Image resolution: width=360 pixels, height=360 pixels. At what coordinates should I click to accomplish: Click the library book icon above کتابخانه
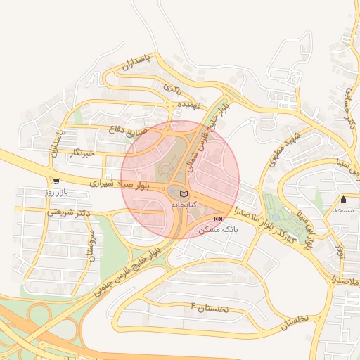[x=184, y=193]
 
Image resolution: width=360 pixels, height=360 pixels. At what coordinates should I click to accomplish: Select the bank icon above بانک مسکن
[x=217, y=219]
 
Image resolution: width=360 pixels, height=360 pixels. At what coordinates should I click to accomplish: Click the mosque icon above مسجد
[x=343, y=200]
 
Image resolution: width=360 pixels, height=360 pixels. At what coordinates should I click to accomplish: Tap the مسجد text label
[x=343, y=210]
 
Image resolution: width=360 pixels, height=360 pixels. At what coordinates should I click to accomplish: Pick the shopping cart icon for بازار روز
[x=56, y=181]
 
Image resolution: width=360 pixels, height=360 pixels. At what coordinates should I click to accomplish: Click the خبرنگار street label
[x=83, y=153]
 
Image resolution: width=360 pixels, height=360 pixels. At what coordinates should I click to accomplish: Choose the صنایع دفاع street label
[x=127, y=129]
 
